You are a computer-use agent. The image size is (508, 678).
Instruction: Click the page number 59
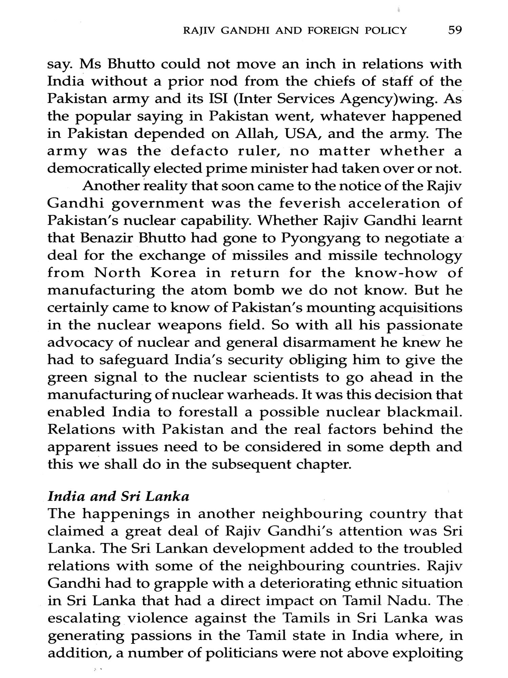tap(455, 31)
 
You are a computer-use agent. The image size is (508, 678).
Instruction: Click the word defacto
tap(199, 151)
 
